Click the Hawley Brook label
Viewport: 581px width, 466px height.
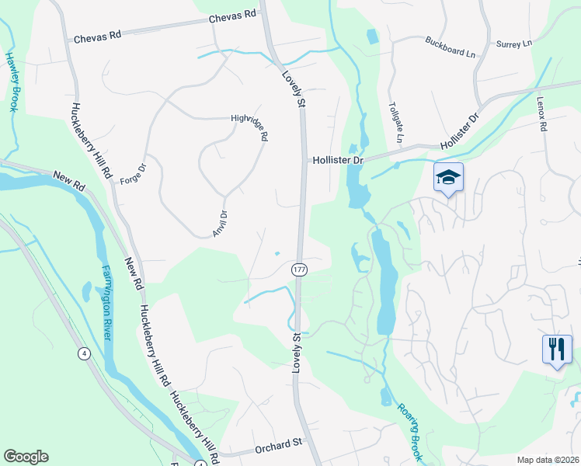[x=12, y=81]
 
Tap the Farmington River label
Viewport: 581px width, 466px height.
[x=106, y=302]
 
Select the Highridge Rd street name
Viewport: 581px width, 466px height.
[x=249, y=128]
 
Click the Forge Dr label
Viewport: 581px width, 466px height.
[x=133, y=174]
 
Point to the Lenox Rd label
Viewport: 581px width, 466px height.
[x=542, y=113]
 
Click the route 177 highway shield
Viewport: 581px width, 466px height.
[x=299, y=269]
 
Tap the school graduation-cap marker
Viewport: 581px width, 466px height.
[x=448, y=177]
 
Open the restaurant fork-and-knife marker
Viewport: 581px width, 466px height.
[x=556, y=349]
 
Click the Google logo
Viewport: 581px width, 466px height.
[x=26, y=457]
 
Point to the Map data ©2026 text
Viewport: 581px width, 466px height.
[x=548, y=460]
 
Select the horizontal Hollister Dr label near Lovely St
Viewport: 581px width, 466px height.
[x=338, y=160]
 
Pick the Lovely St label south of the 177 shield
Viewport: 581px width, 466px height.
[x=296, y=353]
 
